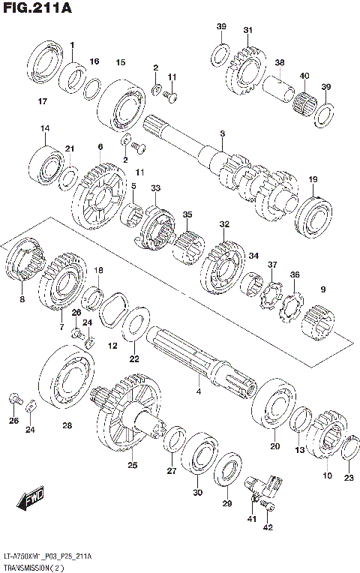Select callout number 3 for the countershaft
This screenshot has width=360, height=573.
(x=222, y=133)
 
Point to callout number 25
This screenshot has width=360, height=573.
(x=133, y=466)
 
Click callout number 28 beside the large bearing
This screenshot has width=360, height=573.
(x=67, y=426)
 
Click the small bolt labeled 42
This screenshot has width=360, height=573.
(x=271, y=509)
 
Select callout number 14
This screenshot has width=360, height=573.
(x=45, y=128)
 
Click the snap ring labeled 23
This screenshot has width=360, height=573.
(x=349, y=450)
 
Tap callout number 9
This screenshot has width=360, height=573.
(x=323, y=289)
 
